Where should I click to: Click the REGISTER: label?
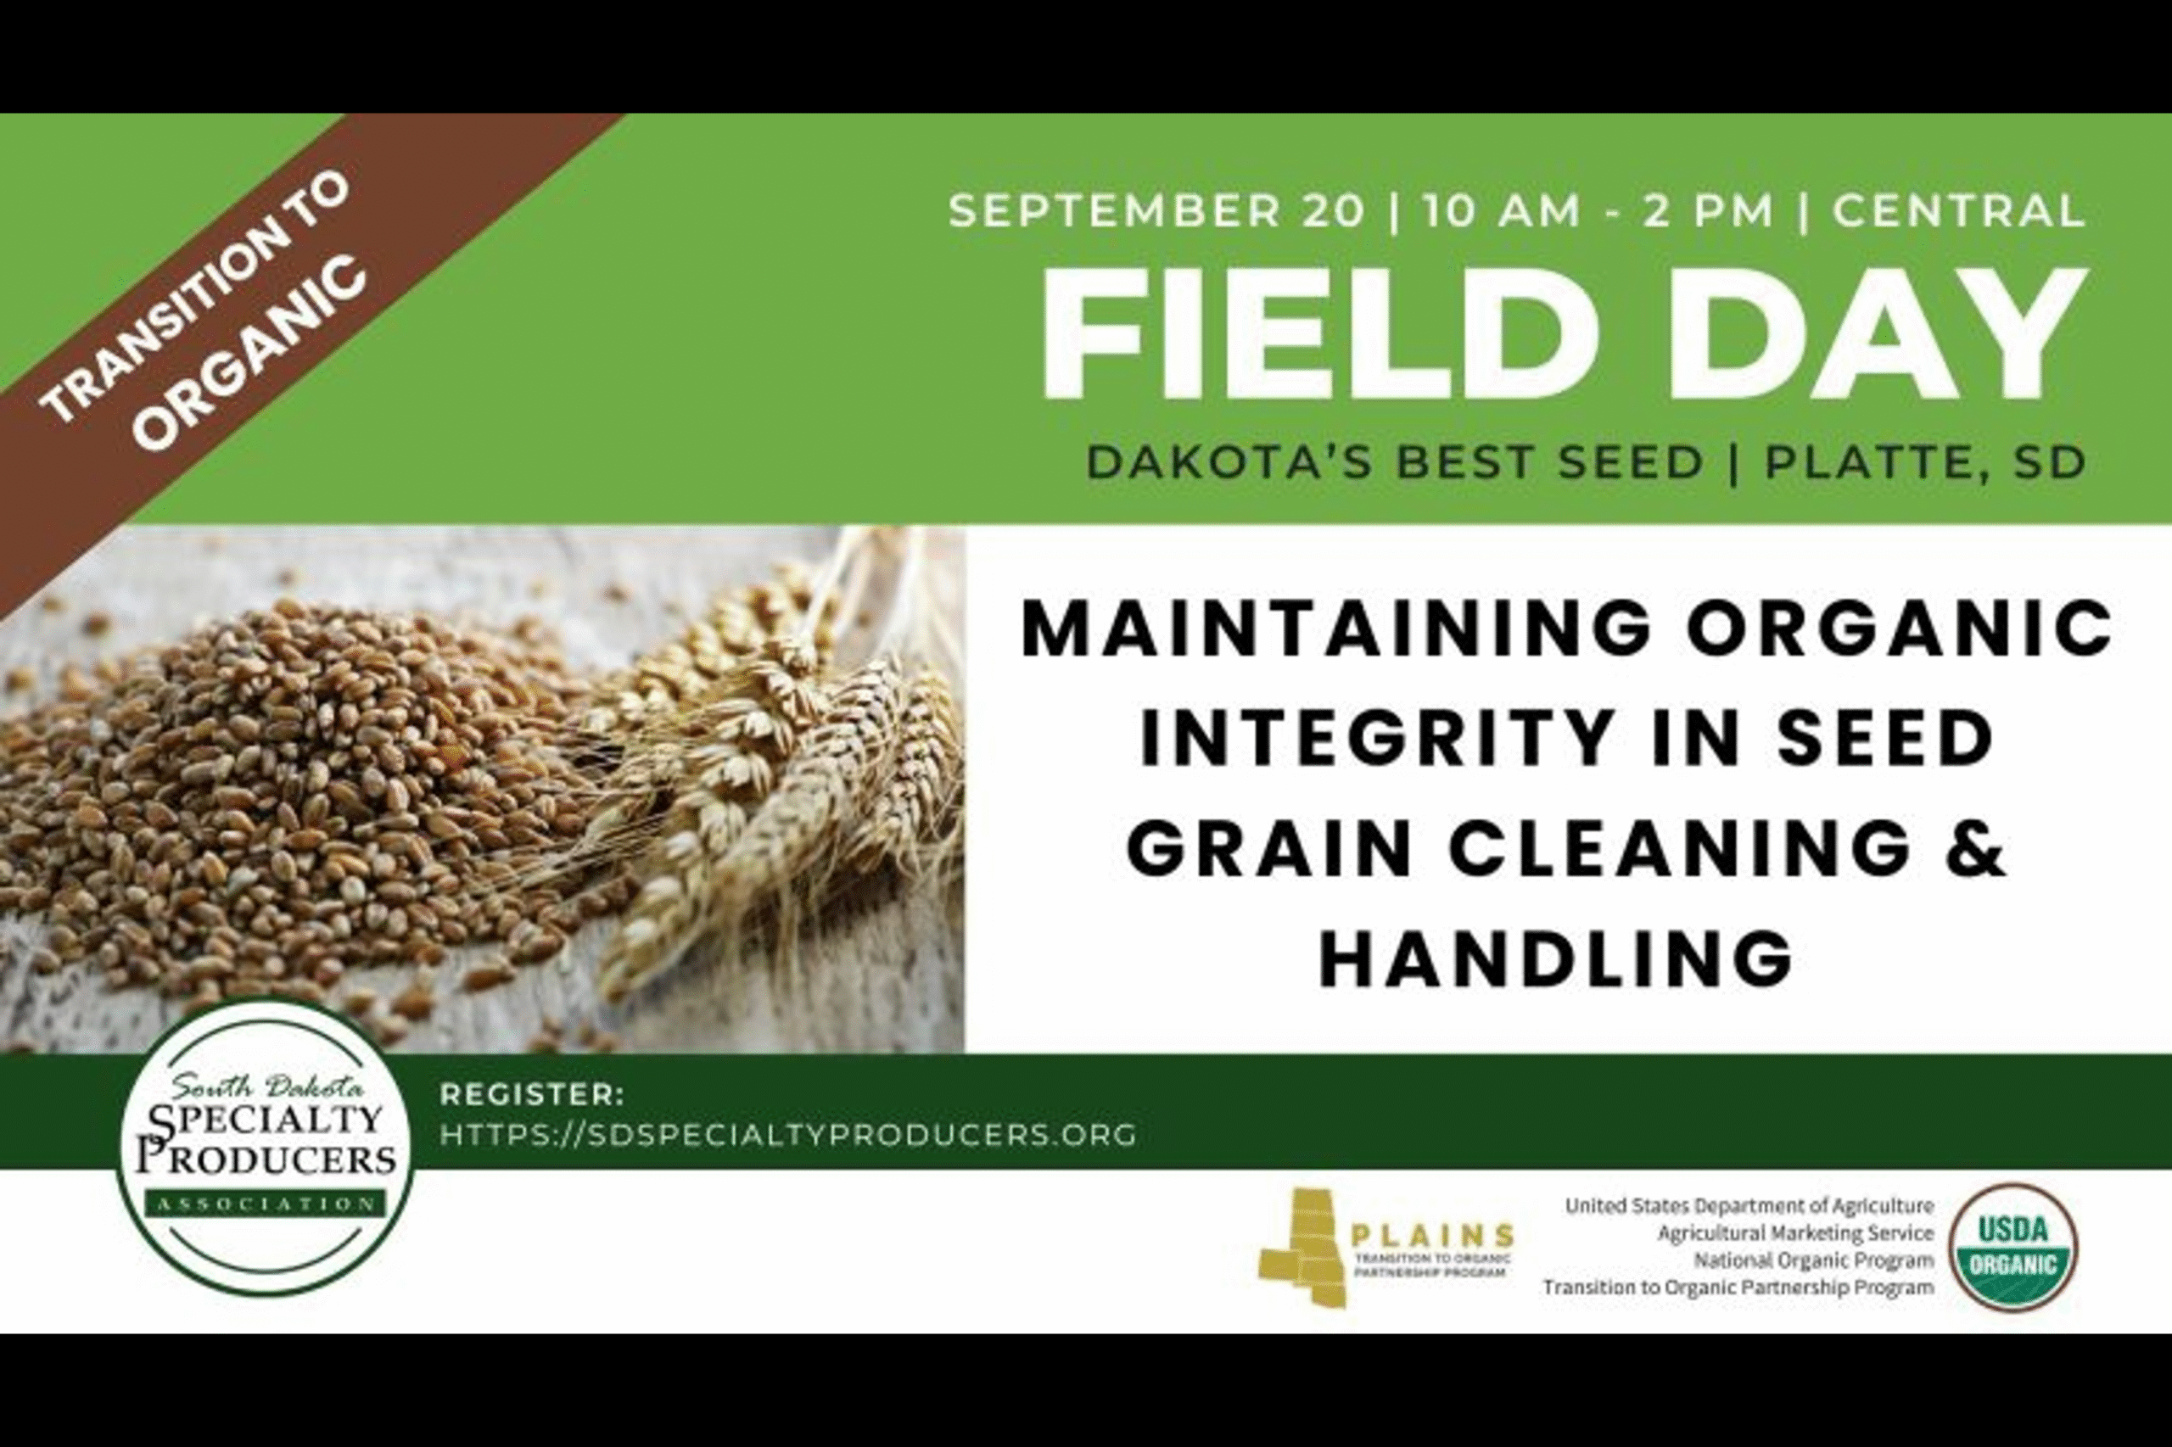tap(533, 1095)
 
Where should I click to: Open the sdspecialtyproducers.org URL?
tap(788, 1134)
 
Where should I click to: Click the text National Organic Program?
tap(1814, 1260)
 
